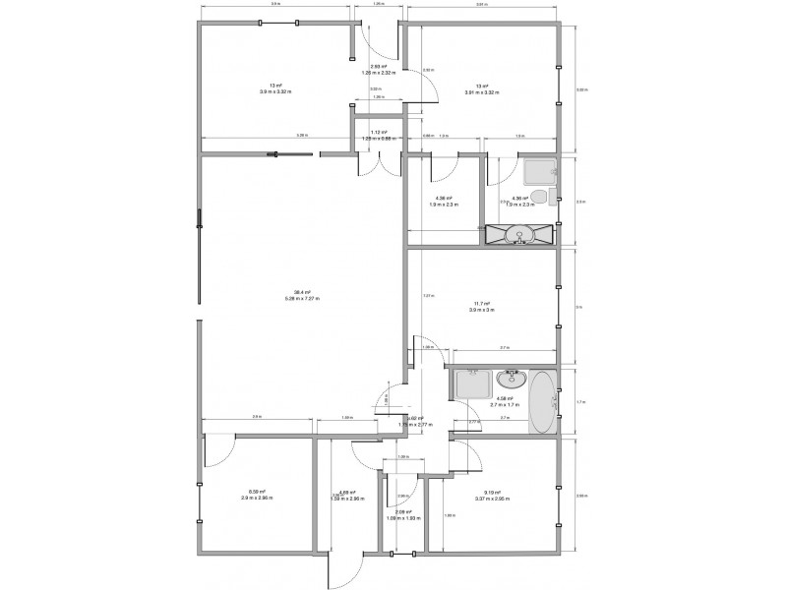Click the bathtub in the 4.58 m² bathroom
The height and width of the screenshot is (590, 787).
click(x=541, y=400)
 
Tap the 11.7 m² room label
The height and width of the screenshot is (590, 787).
click(x=481, y=304)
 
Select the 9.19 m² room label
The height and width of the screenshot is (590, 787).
click(x=492, y=493)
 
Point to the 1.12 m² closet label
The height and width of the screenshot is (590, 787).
click(x=378, y=133)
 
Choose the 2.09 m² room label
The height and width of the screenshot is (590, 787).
click(x=400, y=511)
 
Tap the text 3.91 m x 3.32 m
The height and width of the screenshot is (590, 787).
click(x=481, y=92)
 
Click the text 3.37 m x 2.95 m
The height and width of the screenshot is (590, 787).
click(x=492, y=499)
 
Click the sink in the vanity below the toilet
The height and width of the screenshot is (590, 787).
click(x=520, y=233)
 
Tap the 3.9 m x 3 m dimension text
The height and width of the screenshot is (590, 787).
click(x=481, y=310)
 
